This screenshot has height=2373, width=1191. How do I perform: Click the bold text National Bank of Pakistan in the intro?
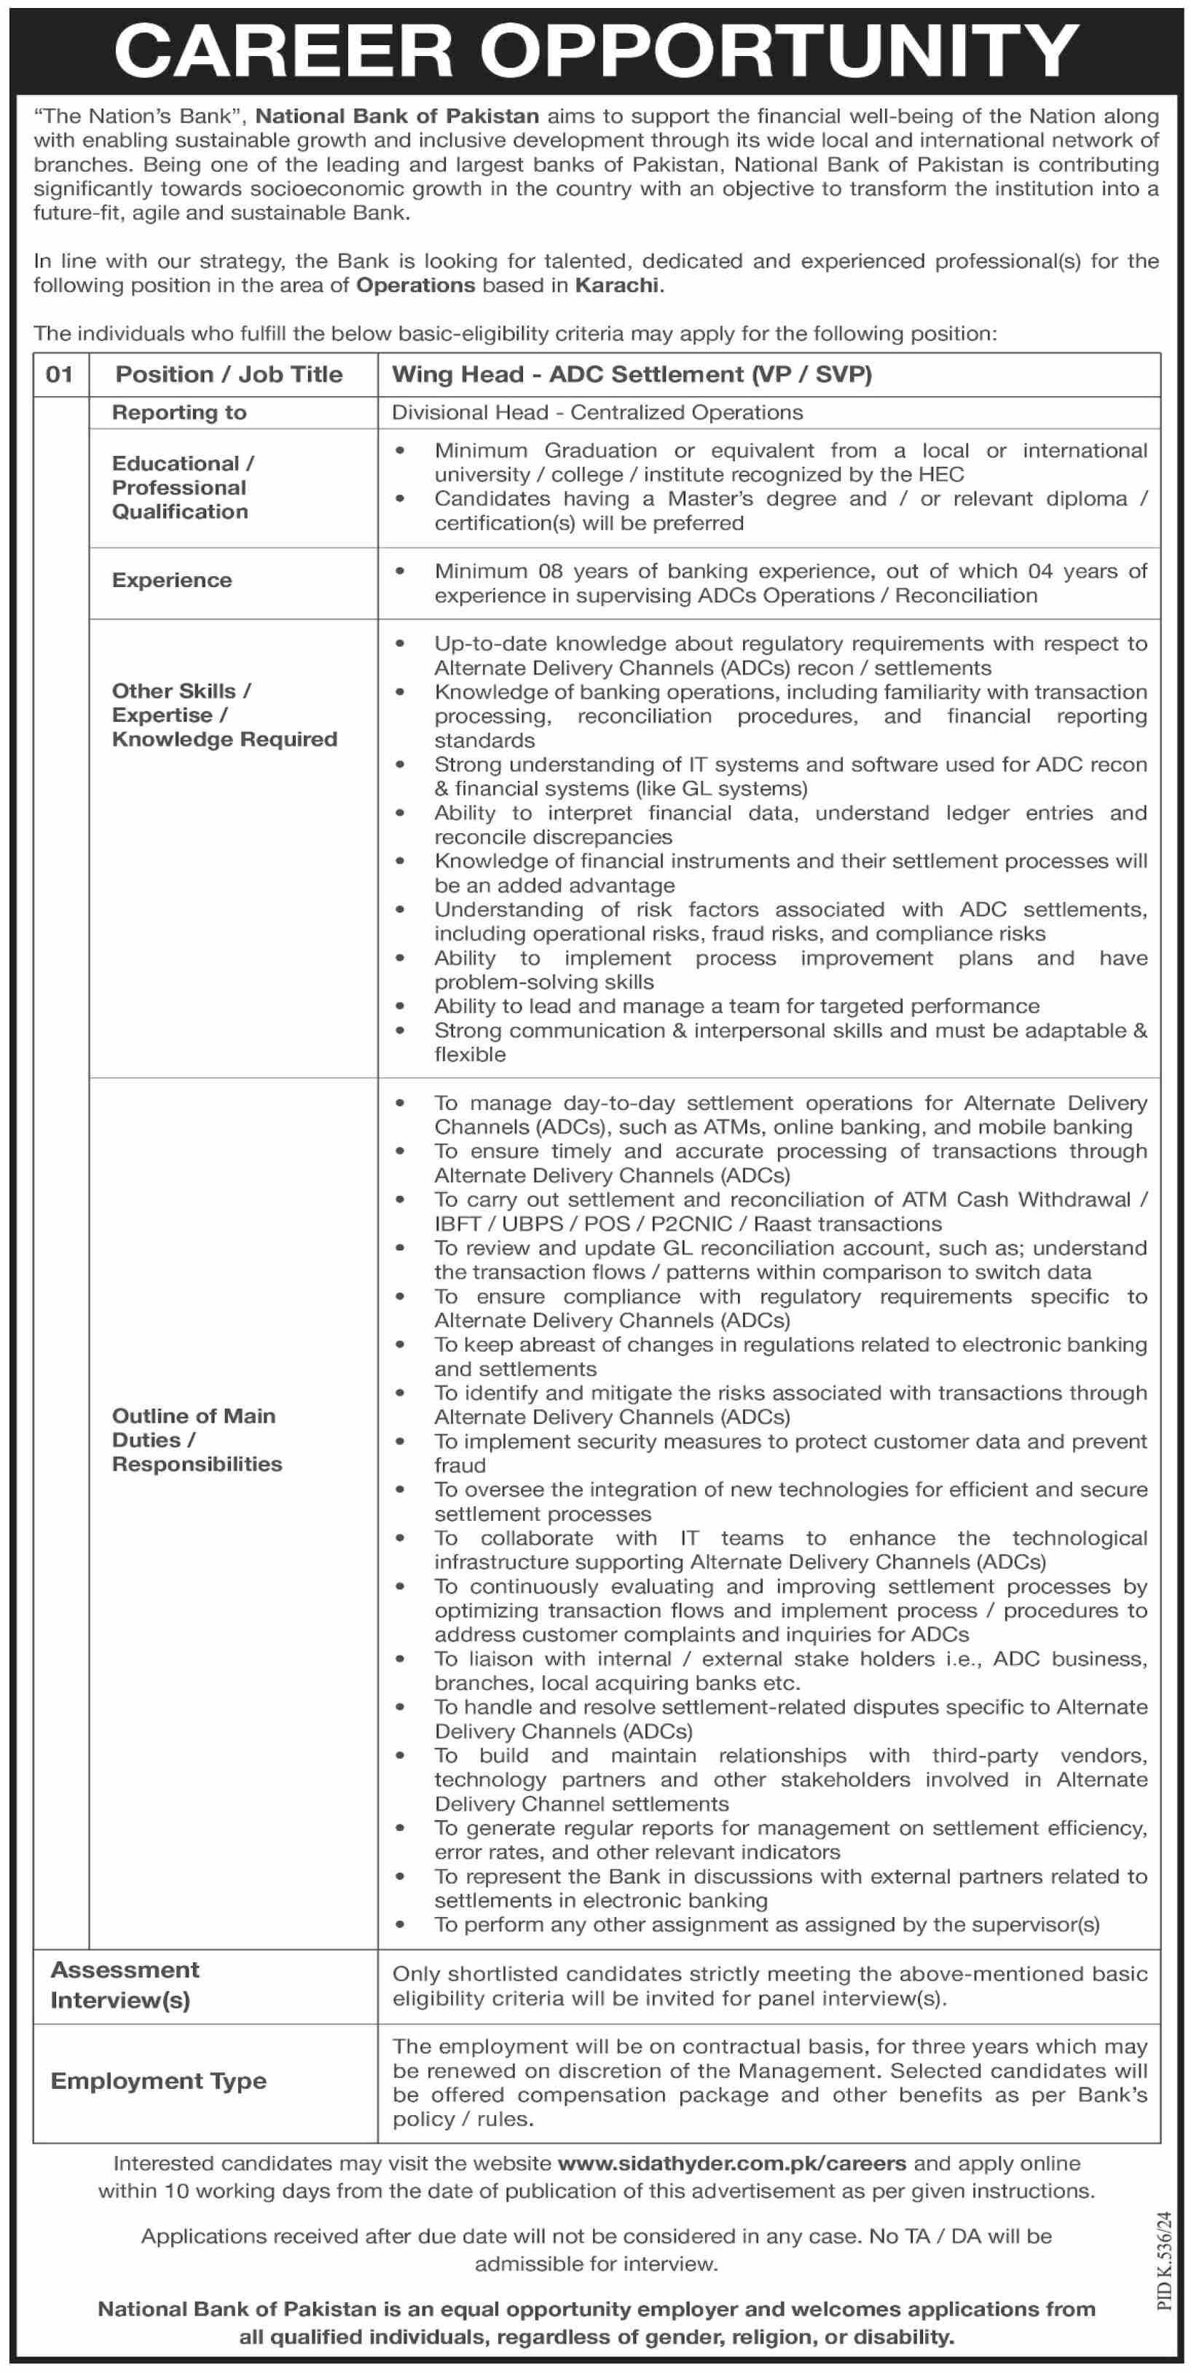tap(397, 116)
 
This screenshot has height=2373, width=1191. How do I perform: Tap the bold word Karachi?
tap(617, 285)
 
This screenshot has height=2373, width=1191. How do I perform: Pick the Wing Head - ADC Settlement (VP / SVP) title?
tap(632, 374)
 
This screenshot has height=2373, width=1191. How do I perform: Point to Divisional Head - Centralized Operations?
tap(597, 413)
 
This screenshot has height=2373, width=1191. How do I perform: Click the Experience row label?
tap(172, 581)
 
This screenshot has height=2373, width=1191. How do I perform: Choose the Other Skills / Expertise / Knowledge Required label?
tap(224, 715)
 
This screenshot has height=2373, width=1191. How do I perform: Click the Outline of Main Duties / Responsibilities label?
tap(196, 1440)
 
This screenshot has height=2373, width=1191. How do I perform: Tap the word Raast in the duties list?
tap(784, 1224)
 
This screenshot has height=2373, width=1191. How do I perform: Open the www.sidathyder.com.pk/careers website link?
tap(732, 2163)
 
